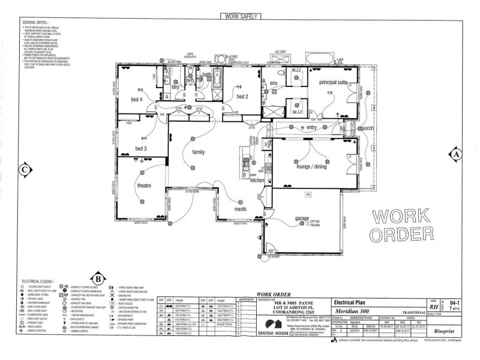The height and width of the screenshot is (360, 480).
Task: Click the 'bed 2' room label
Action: (x=242, y=97)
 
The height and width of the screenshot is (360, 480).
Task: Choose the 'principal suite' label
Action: (x=333, y=82)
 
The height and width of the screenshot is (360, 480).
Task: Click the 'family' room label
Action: (x=198, y=152)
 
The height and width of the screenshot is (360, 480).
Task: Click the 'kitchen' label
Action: (x=257, y=181)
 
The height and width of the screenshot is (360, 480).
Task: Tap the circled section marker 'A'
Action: (x=457, y=154)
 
